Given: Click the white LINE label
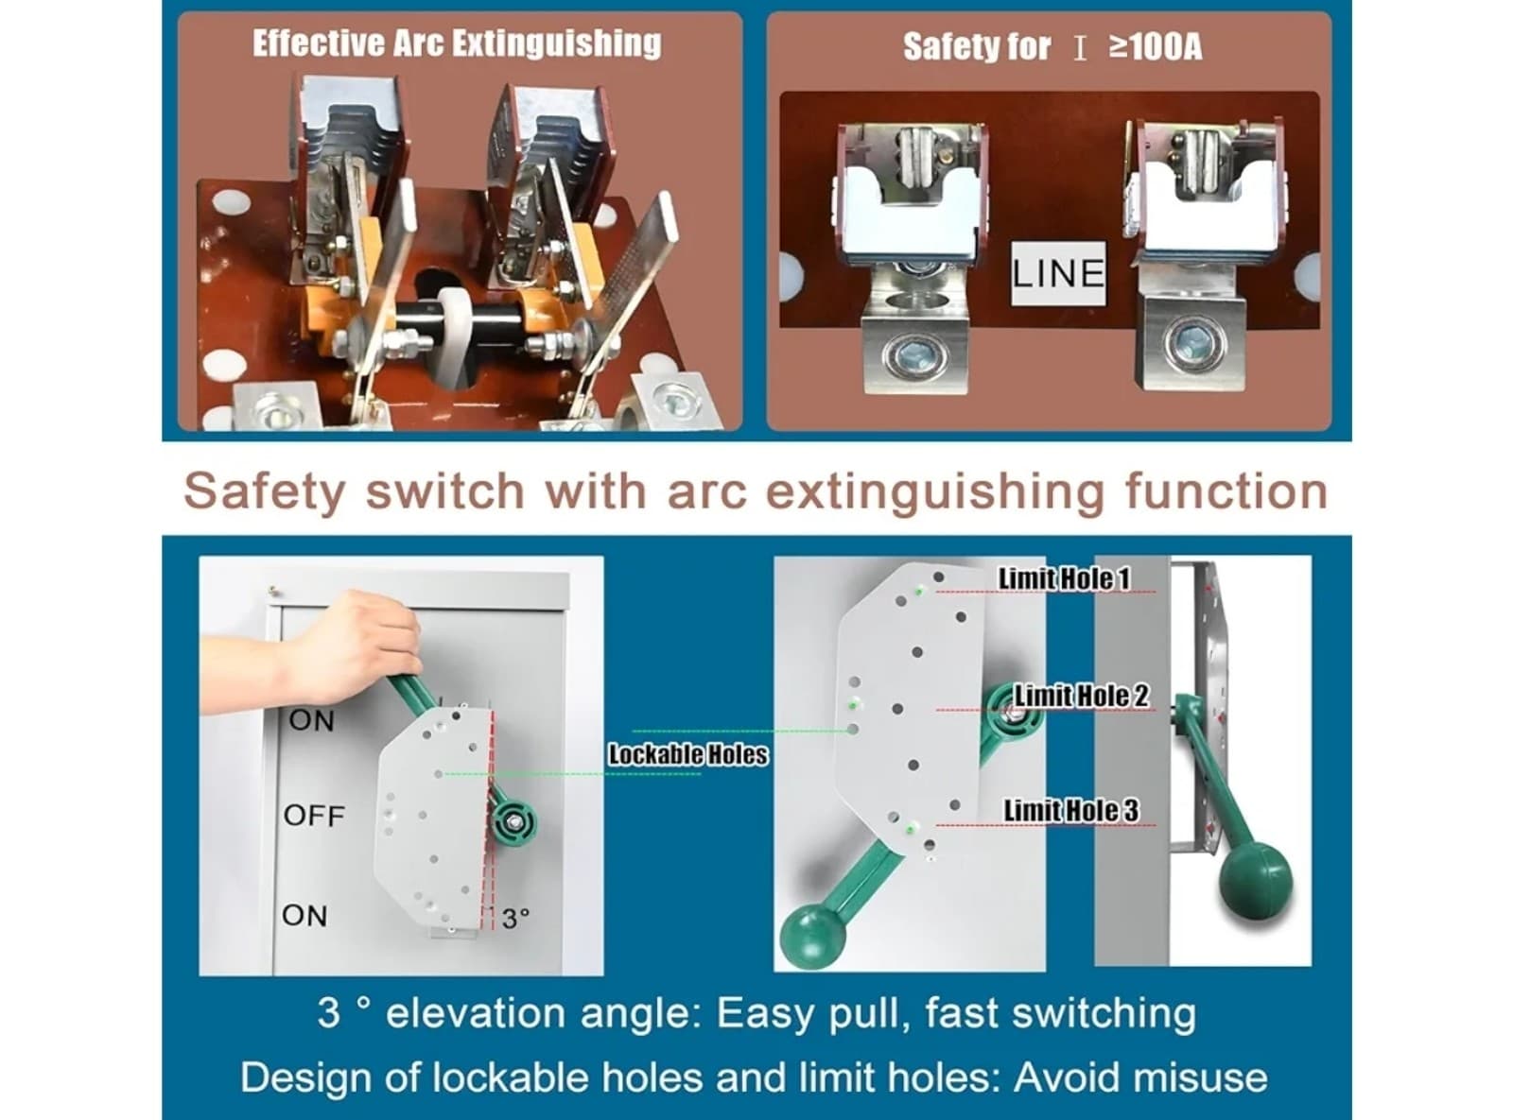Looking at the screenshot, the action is point(1057,273).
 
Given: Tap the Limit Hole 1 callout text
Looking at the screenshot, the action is point(1064,578).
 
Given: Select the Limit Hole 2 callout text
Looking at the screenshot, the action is point(1082,696).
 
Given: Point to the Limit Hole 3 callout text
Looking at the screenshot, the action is point(1071,810).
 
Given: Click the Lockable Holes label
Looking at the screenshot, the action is point(687,754).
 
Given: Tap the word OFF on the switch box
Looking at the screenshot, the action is point(314,816).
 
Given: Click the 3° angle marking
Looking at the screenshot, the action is point(515,919).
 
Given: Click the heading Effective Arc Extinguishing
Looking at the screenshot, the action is point(457,43).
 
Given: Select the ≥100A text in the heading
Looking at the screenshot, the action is point(1155,47).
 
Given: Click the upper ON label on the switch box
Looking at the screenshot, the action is point(312,720).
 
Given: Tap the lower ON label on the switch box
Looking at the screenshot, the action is point(304,915).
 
